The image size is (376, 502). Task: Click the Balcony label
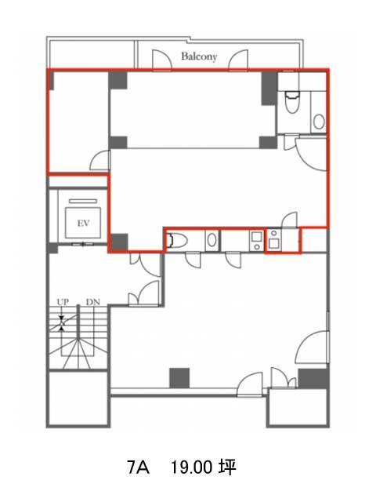pyautogui.click(x=199, y=56)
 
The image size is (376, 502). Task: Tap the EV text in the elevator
pyautogui.click(x=83, y=223)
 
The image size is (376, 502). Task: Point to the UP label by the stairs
pyautogui.click(x=63, y=302)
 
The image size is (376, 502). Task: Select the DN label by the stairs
pyautogui.click(x=93, y=302)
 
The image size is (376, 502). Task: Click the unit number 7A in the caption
pyautogui.click(x=138, y=467)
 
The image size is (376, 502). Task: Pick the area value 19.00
pyautogui.click(x=191, y=467)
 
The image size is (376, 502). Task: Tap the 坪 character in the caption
pyautogui.click(x=227, y=467)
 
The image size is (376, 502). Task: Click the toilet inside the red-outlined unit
pyautogui.click(x=291, y=102)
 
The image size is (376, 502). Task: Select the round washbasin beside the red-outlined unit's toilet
pyautogui.click(x=319, y=122)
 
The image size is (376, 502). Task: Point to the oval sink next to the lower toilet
pyautogui.click(x=211, y=240)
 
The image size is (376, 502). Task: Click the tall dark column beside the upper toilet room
pyautogui.click(x=269, y=89)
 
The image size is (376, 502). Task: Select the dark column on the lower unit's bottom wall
pyautogui.click(x=179, y=378)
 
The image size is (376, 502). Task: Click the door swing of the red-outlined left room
pyautogui.click(x=99, y=160)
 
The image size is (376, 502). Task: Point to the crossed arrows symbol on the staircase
pyautogui.click(x=62, y=323)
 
